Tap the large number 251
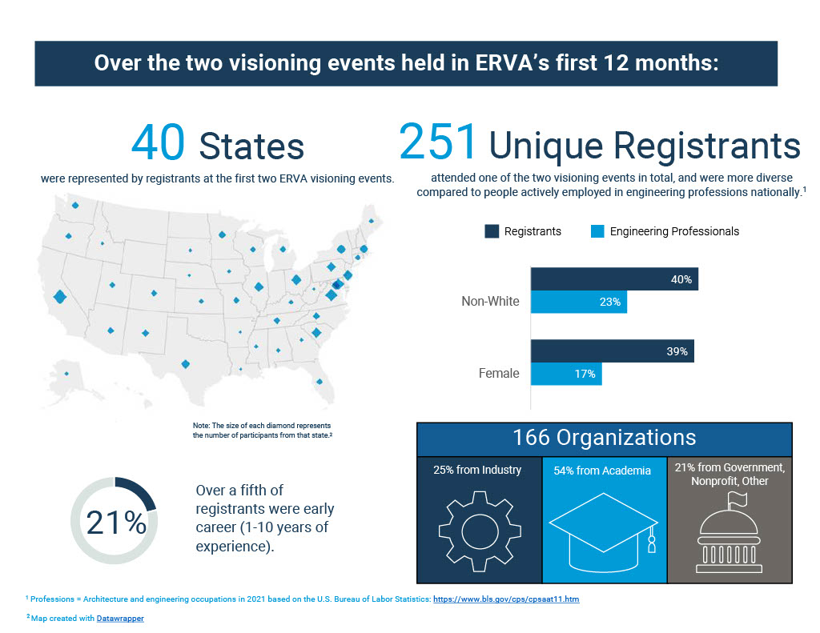(438, 142)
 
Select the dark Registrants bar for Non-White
(614, 279)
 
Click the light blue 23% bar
(579, 302)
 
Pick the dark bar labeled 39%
(612, 351)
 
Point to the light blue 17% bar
(566, 374)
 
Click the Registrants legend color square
(492, 231)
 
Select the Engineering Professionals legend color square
(597, 231)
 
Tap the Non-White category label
(490, 302)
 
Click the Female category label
(499, 373)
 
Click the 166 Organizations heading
(605, 438)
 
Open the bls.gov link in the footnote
(505, 599)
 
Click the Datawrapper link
(121, 618)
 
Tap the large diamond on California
(59, 298)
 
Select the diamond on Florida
(320, 382)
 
